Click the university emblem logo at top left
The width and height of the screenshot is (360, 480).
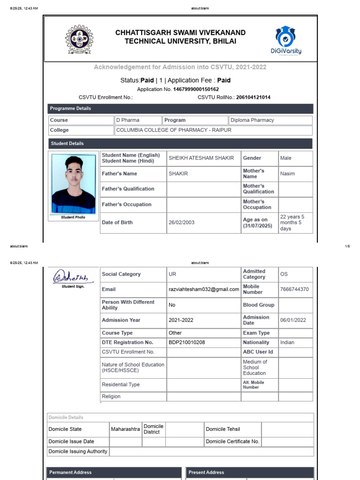point(79,39)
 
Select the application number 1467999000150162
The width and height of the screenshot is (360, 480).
point(196,89)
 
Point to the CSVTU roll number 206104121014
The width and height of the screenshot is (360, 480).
point(253,97)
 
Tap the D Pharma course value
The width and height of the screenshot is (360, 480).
point(127,120)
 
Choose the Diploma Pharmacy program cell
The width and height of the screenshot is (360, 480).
point(252,120)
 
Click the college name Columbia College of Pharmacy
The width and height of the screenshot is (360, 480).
point(173,130)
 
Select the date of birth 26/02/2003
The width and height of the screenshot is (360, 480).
point(181,223)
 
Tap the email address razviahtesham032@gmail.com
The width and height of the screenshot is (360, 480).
point(203,290)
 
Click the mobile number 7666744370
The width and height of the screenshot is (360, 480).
point(294,290)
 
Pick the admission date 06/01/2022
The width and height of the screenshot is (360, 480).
point(293,320)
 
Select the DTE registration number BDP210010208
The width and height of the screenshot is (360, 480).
point(187,343)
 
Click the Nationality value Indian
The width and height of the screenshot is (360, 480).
point(287,343)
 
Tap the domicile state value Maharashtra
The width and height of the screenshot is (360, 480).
point(125,429)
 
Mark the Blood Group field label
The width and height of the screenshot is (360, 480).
point(259,305)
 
